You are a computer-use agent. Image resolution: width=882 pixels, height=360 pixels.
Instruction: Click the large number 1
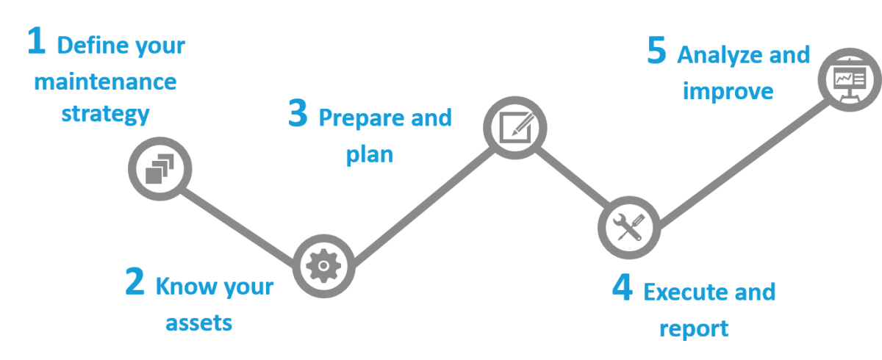35,42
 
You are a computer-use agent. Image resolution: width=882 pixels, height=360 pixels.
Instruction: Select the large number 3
298,115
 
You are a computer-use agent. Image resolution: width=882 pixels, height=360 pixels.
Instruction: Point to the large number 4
622,288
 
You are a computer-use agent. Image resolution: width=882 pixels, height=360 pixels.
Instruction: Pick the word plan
369,155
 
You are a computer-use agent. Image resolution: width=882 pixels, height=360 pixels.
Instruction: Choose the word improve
728,91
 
